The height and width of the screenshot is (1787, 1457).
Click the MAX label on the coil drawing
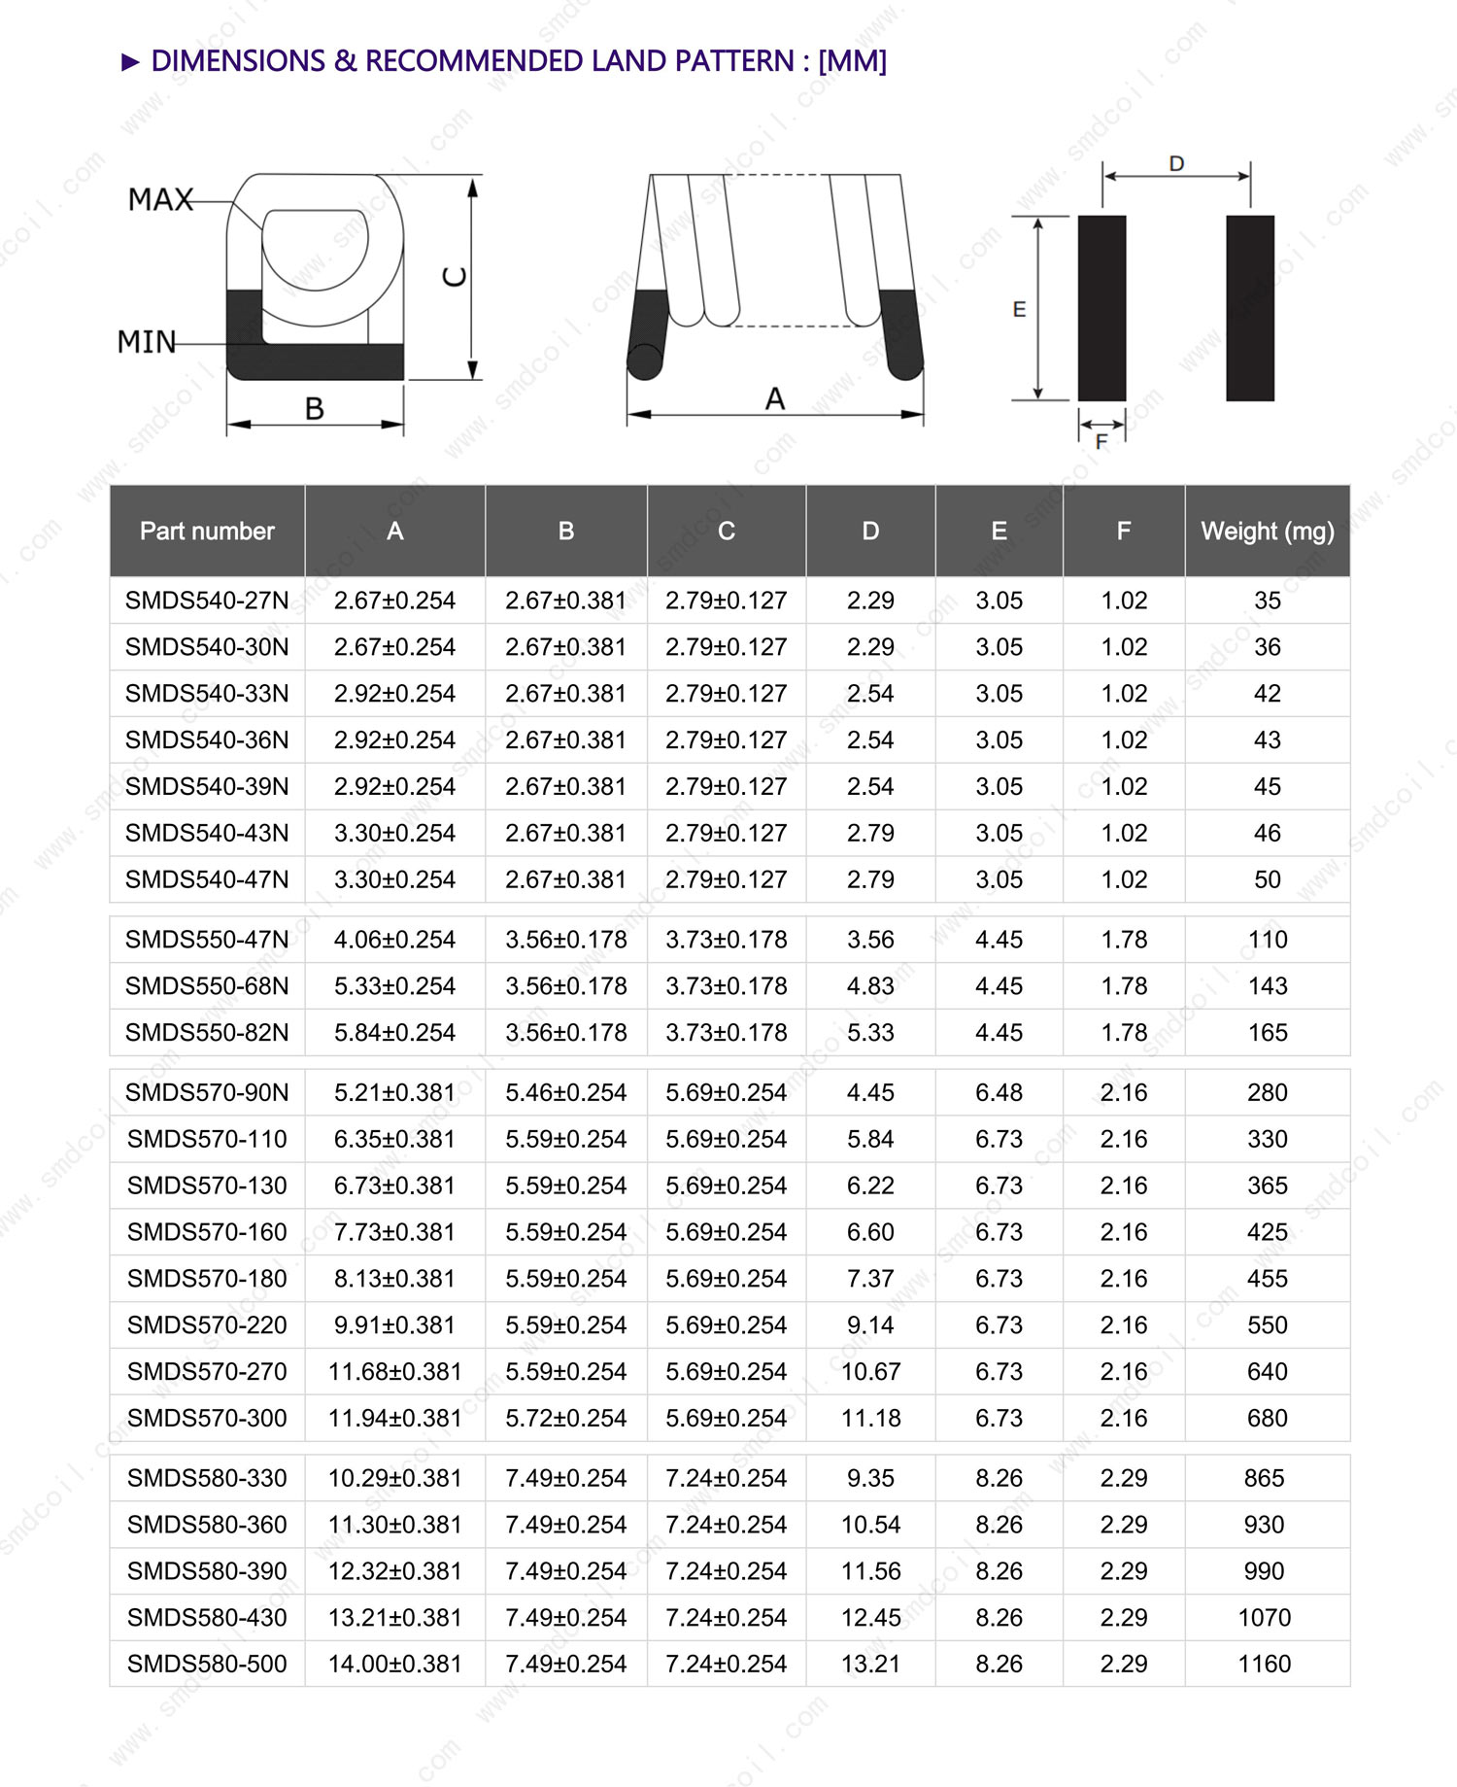[160, 200]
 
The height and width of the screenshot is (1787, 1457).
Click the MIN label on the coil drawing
[147, 342]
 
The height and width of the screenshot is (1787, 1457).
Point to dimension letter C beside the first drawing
[455, 277]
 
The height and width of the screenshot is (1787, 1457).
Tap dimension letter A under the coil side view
[774, 398]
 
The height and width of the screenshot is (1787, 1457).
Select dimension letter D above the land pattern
[1176, 163]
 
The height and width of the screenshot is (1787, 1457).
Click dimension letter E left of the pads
[1019, 309]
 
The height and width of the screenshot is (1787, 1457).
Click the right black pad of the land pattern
[1249, 308]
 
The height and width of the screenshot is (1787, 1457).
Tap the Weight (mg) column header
[1267, 532]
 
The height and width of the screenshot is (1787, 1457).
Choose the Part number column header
[207, 532]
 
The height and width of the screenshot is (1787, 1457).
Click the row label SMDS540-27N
[207, 601]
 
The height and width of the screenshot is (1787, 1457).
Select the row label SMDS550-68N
[207, 986]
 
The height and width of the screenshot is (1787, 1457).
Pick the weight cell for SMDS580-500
[1264, 1665]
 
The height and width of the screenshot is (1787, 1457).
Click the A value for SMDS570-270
[394, 1372]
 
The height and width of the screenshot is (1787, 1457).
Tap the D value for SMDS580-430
[870, 1618]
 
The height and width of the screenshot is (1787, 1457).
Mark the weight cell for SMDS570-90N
[1267, 1093]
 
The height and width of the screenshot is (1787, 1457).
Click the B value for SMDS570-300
[565, 1419]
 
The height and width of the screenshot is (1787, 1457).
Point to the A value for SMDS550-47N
[394, 940]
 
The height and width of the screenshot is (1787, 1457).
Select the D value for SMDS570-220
[870, 1325]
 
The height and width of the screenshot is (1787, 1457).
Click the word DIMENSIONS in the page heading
[238, 61]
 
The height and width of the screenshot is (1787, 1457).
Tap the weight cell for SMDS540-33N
[1267, 694]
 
